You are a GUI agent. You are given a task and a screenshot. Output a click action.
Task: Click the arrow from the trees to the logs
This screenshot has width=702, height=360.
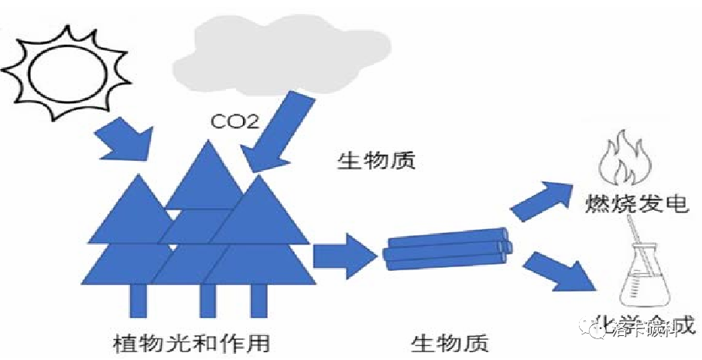pyautogui.click(x=341, y=256)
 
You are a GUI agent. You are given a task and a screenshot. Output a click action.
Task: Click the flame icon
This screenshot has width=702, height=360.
pyautogui.click(x=625, y=158)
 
